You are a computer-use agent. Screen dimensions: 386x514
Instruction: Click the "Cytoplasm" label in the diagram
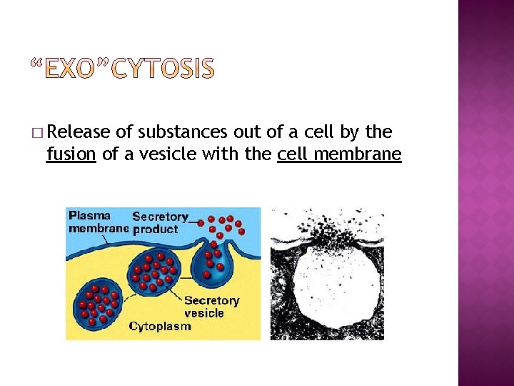click(160, 326)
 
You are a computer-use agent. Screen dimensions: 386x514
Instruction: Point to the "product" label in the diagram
click(155, 229)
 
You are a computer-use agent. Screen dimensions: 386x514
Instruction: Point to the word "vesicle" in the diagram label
click(203, 313)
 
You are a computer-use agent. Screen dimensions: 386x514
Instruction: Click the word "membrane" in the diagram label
click(99, 229)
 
